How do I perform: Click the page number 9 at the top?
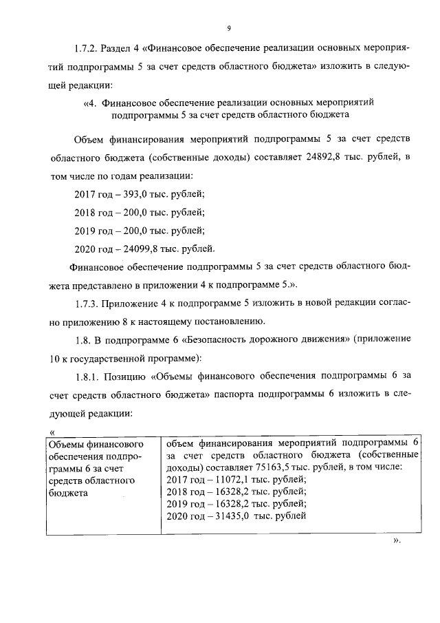228,28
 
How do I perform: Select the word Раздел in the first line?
122,50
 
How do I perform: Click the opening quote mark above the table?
52,431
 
